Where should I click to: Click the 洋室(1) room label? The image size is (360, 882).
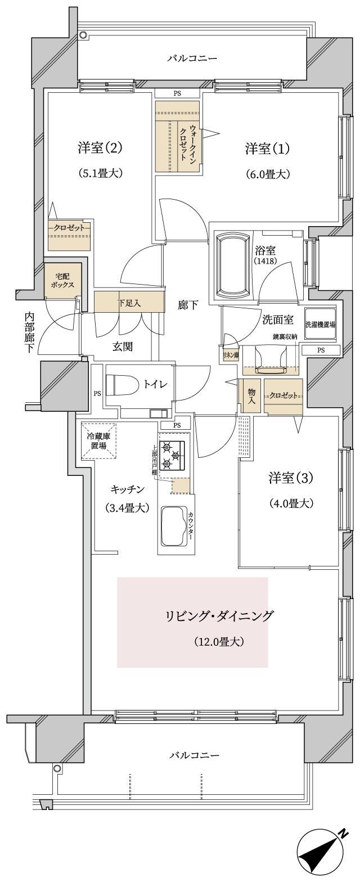(267, 149)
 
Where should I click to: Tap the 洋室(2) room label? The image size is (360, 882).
(100, 149)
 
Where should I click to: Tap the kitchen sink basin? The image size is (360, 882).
(174, 526)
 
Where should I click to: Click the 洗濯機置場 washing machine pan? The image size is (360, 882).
(320, 325)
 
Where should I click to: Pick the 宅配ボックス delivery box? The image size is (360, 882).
(62, 281)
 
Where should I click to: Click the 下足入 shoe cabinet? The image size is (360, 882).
(129, 303)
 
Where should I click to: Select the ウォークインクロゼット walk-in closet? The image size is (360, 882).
(178, 137)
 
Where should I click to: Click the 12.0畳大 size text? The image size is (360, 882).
(219, 641)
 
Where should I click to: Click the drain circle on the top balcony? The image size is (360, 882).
(83, 35)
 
